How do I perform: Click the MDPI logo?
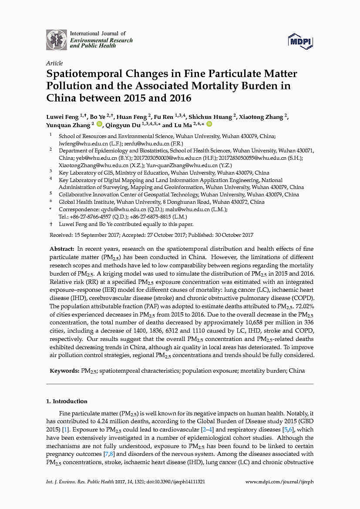pyautogui.click(x=300, y=41)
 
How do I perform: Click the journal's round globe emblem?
pyautogui.click(x=57, y=40)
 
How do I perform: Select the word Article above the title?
pyautogui.click(x=54, y=63)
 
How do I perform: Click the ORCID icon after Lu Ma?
pyautogui.click(x=209, y=125)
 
